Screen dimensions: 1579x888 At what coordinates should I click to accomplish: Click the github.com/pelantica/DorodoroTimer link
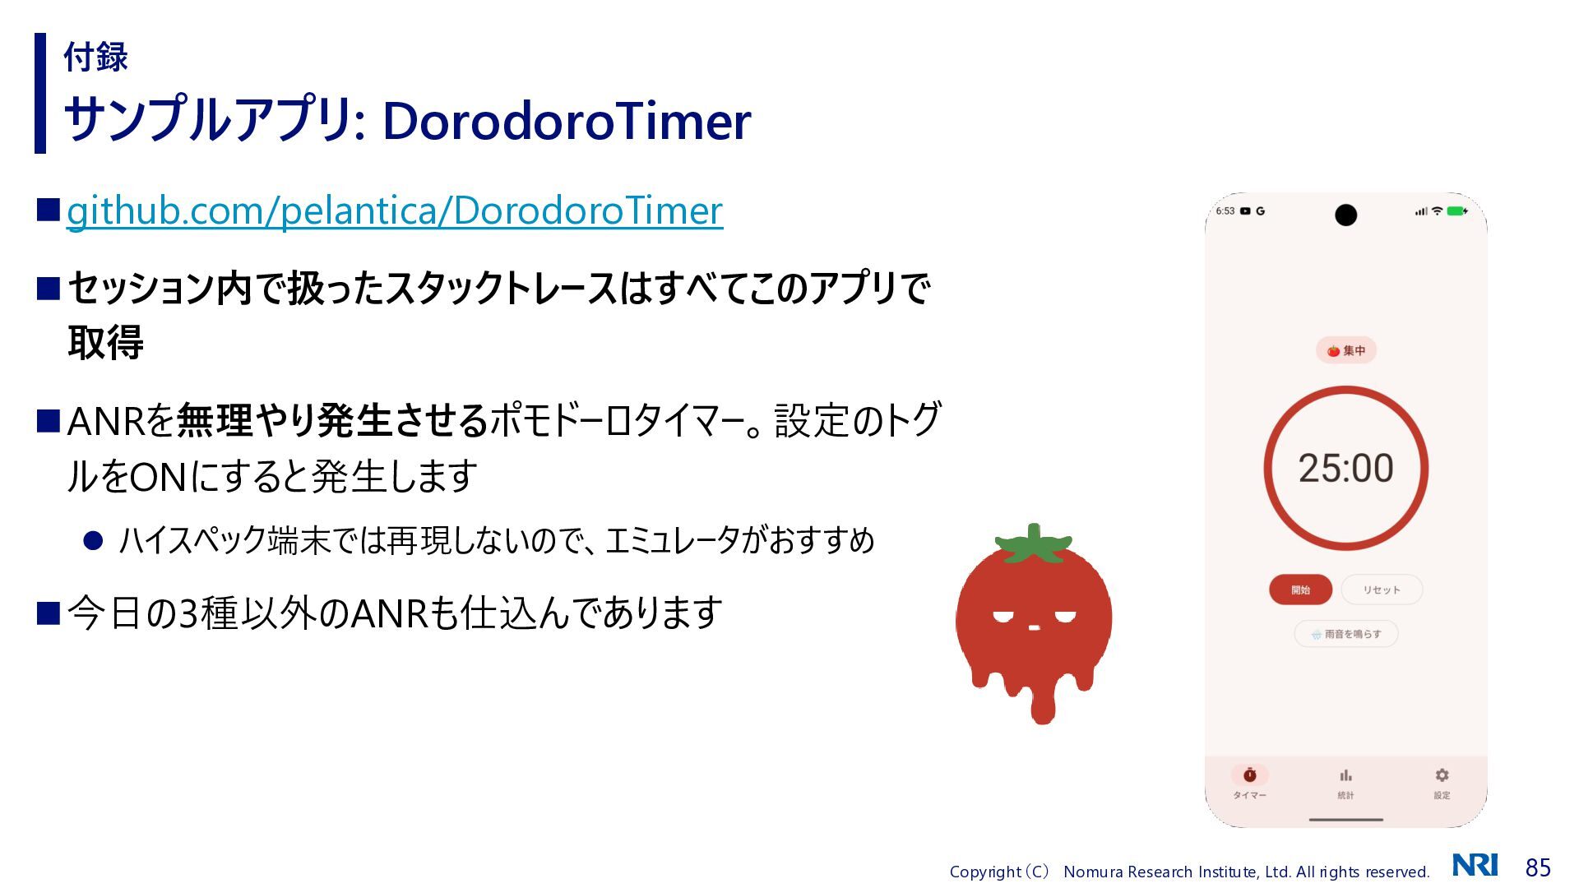click(395, 210)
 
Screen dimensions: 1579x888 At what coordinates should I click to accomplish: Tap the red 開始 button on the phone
click(1300, 590)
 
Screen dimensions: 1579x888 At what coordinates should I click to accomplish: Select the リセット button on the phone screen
click(1382, 590)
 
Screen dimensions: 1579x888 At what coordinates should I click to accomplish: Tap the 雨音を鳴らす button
click(1346, 634)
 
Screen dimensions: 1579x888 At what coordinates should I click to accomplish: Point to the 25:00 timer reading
click(1345, 468)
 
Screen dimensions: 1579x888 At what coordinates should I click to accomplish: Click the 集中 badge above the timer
click(1346, 350)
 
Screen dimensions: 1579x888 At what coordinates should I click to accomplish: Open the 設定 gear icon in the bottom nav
click(1442, 775)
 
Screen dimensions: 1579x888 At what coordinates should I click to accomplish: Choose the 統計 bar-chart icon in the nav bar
click(1345, 775)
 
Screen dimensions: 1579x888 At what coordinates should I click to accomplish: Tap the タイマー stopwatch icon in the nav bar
click(1250, 775)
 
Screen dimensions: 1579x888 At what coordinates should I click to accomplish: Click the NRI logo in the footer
click(1475, 865)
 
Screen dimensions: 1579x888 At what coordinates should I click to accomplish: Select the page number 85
click(1538, 867)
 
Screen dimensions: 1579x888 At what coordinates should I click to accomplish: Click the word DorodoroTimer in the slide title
click(567, 121)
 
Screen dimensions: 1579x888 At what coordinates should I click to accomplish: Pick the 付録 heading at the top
click(95, 57)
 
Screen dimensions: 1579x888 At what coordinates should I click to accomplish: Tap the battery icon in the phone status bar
click(1457, 211)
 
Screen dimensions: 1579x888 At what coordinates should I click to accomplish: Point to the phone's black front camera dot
click(1345, 215)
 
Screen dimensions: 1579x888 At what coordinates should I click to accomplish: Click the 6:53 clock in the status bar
click(1225, 211)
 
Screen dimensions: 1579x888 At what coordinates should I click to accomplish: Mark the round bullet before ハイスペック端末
click(93, 540)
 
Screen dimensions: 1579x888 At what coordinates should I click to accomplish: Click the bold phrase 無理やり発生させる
click(333, 420)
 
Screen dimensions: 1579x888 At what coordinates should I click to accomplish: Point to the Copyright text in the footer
click(1189, 872)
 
